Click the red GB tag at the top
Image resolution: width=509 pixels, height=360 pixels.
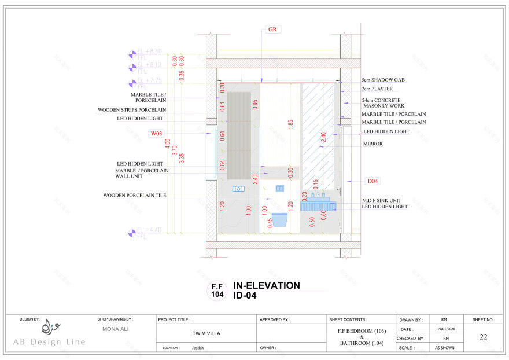(272, 29)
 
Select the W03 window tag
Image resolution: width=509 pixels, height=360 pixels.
(156, 133)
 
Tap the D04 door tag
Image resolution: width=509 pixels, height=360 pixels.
(373, 181)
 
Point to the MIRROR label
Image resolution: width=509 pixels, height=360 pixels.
(372, 144)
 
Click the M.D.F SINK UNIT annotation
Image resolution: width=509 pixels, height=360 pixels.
(381, 200)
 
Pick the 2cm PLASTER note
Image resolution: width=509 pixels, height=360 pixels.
(377, 89)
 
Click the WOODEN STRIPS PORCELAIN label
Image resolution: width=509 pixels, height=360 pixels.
(131, 109)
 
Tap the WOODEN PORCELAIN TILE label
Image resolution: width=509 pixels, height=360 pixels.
(134, 196)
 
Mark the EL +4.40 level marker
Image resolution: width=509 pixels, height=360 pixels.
(149, 230)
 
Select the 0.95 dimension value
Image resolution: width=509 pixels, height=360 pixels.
(255, 104)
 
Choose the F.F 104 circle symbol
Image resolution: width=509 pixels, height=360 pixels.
(217, 290)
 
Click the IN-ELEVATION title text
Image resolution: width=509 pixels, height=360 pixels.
(267, 286)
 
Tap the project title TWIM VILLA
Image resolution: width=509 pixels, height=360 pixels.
(206, 333)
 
